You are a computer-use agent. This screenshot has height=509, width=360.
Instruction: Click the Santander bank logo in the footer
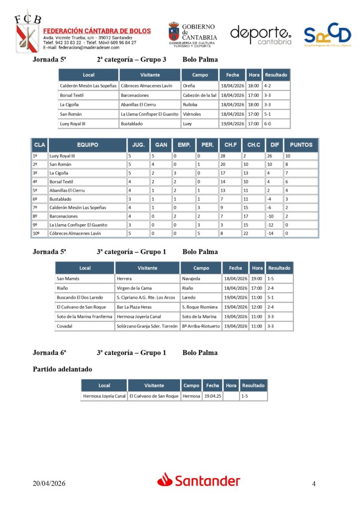(x=199, y=480)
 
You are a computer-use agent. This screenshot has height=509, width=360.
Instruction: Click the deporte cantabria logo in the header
(x=261, y=35)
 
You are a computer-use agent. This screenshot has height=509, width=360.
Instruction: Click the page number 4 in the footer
(x=314, y=484)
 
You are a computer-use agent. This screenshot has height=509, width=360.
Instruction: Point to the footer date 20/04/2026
(x=49, y=484)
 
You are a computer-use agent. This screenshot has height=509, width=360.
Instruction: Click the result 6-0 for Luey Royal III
(x=268, y=124)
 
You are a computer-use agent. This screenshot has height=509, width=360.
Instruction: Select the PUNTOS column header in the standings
(x=301, y=145)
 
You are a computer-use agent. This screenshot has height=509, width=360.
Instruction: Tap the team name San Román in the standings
(x=60, y=165)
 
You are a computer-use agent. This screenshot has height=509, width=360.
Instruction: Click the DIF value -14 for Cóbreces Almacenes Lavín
(x=271, y=233)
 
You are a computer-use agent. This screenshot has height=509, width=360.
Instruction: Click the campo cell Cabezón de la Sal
(x=199, y=95)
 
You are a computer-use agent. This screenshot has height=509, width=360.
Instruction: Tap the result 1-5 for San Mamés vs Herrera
(x=271, y=278)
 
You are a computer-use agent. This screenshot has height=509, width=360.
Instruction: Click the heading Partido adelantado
(x=62, y=369)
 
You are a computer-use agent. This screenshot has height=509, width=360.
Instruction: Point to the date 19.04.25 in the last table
(x=212, y=396)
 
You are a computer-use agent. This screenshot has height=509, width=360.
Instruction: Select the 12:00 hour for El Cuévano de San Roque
(x=257, y=307)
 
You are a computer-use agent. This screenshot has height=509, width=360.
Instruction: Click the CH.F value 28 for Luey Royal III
(x=224, y=156)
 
